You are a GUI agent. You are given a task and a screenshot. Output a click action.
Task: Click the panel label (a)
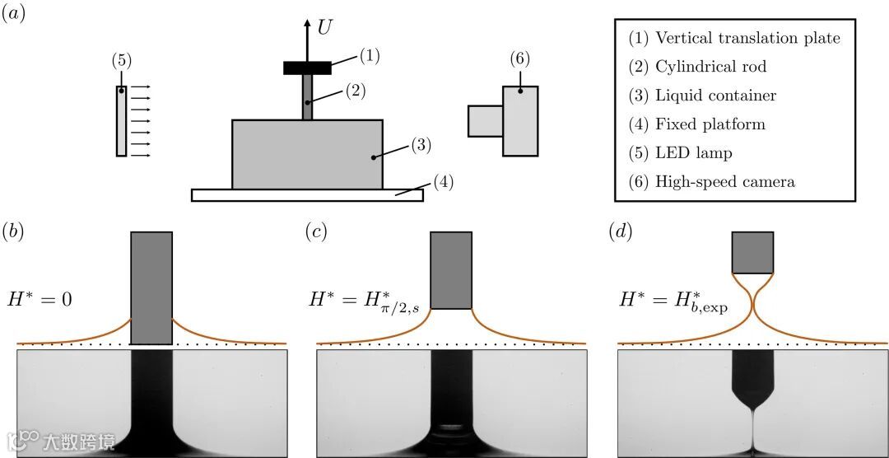point(16,14)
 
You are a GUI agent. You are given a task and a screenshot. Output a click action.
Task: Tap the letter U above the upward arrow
point(325,27)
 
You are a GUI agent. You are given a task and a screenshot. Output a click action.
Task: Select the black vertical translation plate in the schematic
point(307,68)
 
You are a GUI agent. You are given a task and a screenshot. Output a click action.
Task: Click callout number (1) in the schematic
point(370,56)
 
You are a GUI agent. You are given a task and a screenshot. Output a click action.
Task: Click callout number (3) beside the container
point(421,145)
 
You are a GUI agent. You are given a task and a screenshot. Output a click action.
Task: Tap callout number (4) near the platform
point(442,180)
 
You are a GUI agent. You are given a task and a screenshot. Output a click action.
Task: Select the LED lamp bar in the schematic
point(121,120)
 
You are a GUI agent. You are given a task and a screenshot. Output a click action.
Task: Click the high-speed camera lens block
point(485,120)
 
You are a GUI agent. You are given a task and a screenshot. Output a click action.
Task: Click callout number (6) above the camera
point(519,58)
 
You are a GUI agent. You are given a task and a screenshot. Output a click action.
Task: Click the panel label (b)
point(14,231)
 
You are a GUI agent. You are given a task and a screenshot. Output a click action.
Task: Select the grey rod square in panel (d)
point(752,252)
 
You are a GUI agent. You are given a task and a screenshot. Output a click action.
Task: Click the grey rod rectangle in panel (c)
point(451,270)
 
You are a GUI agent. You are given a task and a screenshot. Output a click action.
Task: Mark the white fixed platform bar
point(307,195)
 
